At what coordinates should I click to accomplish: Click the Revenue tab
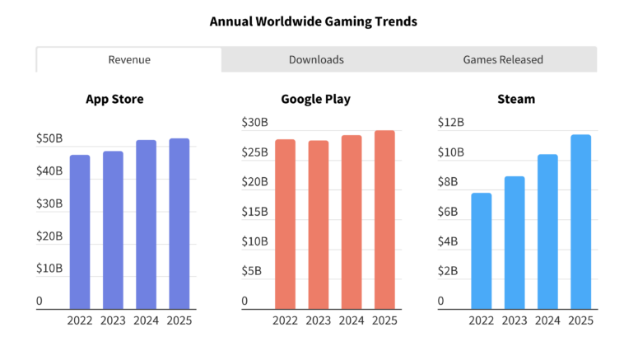pyautogui.click(x=129, y=59)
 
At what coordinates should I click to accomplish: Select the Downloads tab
pyautogui.click(x=316, y=59)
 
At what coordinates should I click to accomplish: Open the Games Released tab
pyautogui.click(x=503, y=59)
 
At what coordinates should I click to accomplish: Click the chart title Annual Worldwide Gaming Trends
pyautogui.click(x=313, y=21)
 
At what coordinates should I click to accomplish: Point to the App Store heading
pyautogui.click(x=114, y=99)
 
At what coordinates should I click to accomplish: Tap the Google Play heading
pyautogui.click(x=315, y=99)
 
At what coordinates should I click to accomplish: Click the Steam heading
pyautogui.click(x=516, y=99)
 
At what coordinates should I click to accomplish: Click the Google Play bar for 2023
pyautogui.click(x=319, y=225)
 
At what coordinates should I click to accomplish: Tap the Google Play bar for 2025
pyautogui.click(x=384, y=220)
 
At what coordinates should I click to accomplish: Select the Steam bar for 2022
pyautogui.click(x=482, y=251)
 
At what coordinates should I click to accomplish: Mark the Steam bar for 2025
pyautogui.click(x=580, y=222)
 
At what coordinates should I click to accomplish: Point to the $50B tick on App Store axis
pyautogui.click(x=49, y=139)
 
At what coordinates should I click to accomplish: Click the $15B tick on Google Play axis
pyautogui.click(x=254, y=212)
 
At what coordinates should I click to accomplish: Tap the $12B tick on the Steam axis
pyautogui.click(x=451, y=123)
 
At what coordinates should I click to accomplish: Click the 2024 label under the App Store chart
pyautogui.click(x=146, y=320)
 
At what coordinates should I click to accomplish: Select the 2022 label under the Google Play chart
pyautogui.click(x=285, y=320)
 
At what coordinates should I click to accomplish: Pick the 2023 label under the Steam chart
pyautogui.click(x=515, y=320)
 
